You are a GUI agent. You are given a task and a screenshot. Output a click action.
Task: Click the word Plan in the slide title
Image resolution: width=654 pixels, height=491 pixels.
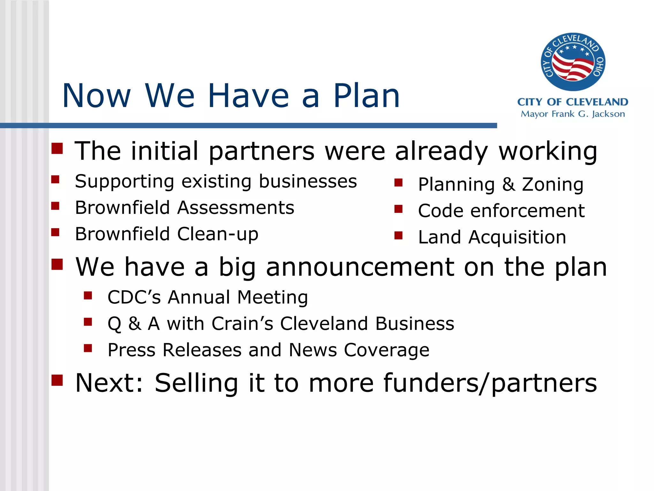(366, 96)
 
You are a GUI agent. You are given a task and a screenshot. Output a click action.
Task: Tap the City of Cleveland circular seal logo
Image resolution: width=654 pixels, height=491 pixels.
(573, 62)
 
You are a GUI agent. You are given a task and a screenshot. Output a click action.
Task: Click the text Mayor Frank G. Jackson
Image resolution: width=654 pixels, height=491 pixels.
(573, 114)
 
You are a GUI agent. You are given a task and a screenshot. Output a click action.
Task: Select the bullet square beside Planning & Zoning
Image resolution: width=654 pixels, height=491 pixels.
(398, 183)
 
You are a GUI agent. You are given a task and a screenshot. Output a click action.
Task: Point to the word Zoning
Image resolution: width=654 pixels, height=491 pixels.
(552, 185)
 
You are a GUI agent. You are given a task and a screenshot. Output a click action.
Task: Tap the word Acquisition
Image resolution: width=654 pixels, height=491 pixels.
(517, 237)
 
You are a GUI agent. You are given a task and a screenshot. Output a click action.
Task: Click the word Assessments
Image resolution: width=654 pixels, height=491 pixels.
(235, 208)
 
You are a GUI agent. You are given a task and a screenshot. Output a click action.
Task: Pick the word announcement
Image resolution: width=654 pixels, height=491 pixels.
(360, 267)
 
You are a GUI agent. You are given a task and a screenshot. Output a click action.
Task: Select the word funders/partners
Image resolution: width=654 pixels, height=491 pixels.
(490, 383)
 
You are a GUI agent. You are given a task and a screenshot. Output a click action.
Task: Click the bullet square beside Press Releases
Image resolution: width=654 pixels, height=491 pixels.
(88, 348)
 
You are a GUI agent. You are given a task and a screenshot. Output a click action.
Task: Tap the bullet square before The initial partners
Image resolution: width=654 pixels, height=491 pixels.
(57, 148)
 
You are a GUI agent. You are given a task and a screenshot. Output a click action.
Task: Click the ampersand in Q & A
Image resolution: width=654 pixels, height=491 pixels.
(134, 323)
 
